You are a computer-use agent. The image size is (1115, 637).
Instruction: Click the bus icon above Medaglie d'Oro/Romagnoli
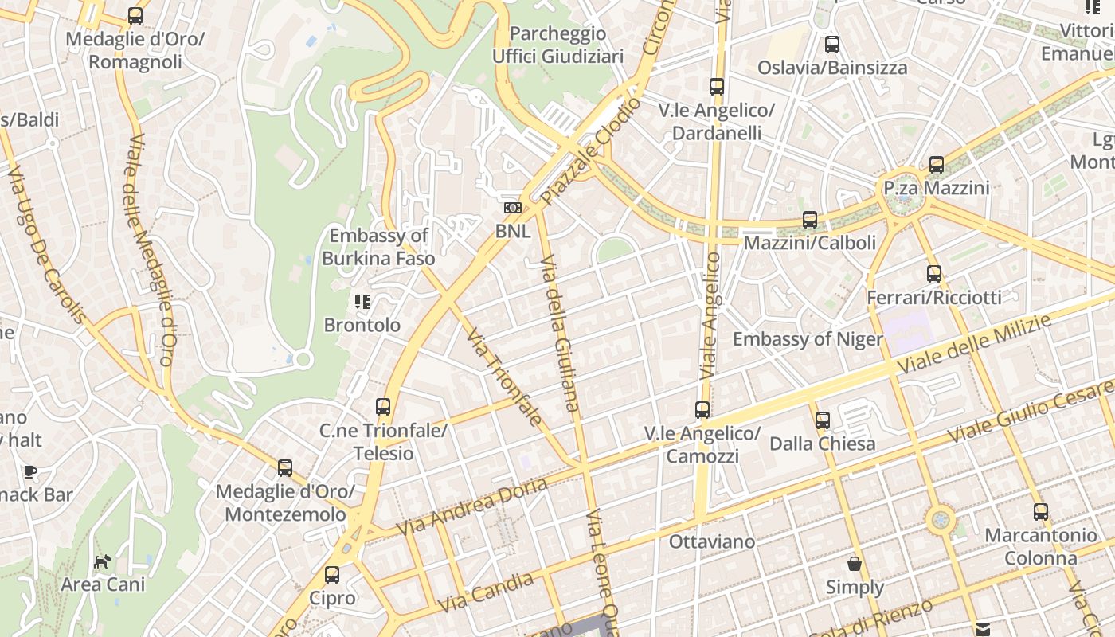coord(135,16)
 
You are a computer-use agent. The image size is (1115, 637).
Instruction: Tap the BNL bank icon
coord(513,208)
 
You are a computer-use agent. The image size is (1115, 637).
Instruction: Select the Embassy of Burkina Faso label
coord(378,247)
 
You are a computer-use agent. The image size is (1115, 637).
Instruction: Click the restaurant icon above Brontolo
coord(362,302)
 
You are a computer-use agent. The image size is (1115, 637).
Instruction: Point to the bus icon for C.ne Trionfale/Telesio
coord(383,407)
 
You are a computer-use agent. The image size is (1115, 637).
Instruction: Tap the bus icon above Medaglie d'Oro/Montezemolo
coord(285,468)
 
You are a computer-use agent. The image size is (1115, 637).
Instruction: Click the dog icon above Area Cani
coord(103,562)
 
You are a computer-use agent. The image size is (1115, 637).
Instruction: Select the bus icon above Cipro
coord(332,574)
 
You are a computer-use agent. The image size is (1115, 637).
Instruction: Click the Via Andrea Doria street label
coord(472,507)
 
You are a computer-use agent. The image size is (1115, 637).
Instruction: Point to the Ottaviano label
coord(712,542)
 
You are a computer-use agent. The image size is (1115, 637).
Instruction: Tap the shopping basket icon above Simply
coord(855,565)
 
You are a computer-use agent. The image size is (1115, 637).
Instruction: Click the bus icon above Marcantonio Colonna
coord(1040,512)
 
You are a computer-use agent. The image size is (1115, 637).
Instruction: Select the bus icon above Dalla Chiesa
coord(823,420)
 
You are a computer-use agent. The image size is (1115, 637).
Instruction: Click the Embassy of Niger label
coord(808,339)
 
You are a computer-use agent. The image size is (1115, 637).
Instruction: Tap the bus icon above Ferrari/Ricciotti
coord(934,274)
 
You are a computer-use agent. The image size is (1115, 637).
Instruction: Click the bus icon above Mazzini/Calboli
coord(810,219)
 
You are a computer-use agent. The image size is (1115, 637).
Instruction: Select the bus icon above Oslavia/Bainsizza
coord(832,45)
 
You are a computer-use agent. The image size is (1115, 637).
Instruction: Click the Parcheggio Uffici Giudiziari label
coord(557,45)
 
